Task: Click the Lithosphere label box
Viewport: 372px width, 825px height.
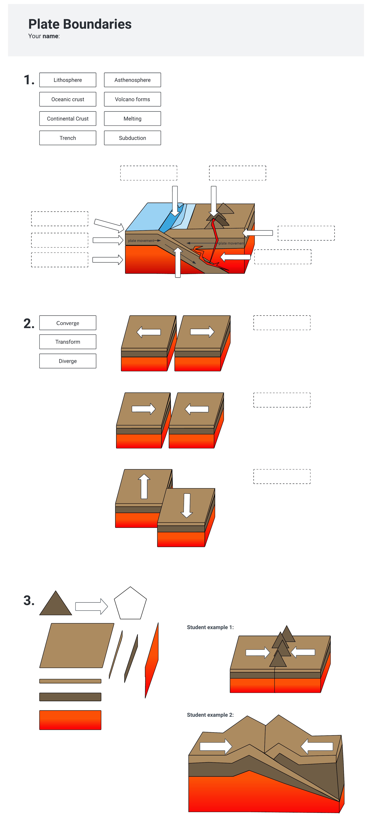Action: (x=68, y=80)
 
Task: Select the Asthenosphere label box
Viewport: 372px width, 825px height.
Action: (x=132, y=80)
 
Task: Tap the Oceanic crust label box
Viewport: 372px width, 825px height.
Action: (x=68, y=99)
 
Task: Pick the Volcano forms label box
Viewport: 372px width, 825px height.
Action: (x=132, y=99)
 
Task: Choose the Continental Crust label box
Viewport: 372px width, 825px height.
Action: (x=68, y=118)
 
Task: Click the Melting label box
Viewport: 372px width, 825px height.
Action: (x=132, y=118)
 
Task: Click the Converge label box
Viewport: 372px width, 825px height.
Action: (x=68, y=323)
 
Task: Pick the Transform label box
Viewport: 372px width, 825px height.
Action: (x=68, y=342)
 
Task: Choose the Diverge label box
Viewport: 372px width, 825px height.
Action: (x=68, y=361)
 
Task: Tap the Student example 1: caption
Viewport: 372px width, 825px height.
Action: (x=210, y=627)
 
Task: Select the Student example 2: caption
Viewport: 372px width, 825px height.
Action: (x=210, y=715)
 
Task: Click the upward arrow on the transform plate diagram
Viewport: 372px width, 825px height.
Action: (x=144, y=486)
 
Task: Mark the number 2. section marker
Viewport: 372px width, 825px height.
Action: (x=29, y=323)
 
